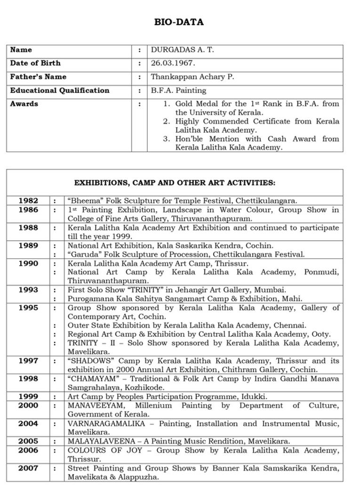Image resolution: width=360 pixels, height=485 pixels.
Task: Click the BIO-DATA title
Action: (179, 22)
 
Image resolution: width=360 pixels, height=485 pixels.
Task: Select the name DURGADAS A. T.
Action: (182, 49)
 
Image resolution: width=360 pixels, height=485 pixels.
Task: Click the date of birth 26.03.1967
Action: (173, 63)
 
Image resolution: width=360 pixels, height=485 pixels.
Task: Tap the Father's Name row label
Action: (38, 77)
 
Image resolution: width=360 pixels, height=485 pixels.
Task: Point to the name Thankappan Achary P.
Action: (192, 77)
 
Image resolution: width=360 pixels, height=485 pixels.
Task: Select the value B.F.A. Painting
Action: (178, 90)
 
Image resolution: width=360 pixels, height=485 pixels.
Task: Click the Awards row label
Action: (24, 104)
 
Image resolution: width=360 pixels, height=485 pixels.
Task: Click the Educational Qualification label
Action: (59, 90)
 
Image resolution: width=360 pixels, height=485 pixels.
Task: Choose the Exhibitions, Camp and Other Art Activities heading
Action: (175, 183)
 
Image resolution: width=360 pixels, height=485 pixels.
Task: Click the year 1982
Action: (28, 201)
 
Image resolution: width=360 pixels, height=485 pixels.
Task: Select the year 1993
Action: (28, 290)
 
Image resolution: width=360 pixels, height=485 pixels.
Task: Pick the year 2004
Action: (28, 424)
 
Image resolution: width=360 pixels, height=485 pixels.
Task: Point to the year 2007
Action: (28, 469)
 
